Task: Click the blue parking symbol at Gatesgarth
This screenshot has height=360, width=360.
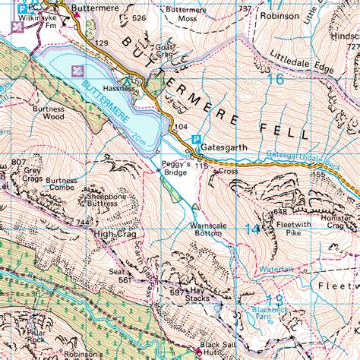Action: pyautogui.click(x=196, y=140)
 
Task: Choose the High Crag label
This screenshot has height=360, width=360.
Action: pyautogui.click(x=114, y=235)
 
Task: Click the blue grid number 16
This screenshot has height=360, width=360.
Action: pyautogui.click(x=276, y=77)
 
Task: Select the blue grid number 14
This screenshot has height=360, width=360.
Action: pyautogui.click(x=251, y=229)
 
